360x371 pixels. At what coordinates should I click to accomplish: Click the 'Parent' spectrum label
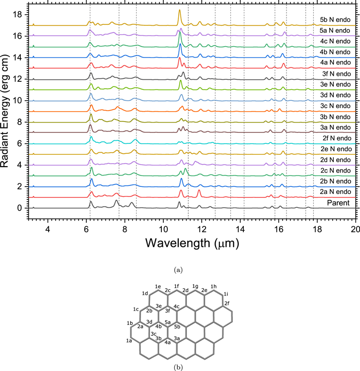point(338,203)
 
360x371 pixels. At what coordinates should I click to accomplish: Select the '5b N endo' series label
point(335,20)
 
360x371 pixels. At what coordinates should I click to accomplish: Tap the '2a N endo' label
point(335,191)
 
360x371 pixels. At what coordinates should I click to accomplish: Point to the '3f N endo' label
point(336,74)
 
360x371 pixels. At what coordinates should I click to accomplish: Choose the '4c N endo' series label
point(335,41)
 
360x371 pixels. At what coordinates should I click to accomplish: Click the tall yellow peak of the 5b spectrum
point(180,10)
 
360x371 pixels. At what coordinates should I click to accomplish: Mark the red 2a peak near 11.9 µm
point(199,190)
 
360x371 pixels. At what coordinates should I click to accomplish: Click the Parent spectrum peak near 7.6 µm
point(116,201)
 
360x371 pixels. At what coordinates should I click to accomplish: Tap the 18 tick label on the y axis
point(16,15)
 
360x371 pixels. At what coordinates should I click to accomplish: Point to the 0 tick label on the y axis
point(19,208)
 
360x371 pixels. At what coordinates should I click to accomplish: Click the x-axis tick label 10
point(163,229)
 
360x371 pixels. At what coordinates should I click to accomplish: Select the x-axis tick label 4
point(48,229)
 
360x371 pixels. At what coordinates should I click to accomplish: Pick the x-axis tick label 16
point(279,229)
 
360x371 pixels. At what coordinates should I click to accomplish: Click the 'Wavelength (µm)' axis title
point(192,243)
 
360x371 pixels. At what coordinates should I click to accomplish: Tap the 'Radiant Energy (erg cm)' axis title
point(4,111)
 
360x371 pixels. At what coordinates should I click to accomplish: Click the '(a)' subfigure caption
point(178,270)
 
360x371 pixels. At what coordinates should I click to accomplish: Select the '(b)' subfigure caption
point(178,367)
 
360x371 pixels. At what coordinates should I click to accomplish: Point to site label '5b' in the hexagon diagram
point(177,327)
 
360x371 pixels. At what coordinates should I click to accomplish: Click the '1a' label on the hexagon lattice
point(129,341)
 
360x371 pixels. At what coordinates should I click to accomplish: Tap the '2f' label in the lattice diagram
point(227,303)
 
